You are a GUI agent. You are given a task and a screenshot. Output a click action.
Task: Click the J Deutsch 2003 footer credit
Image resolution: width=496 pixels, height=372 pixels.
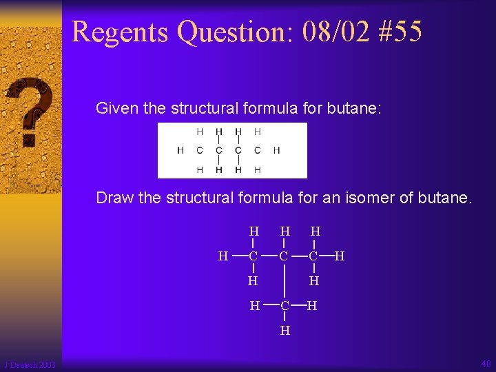(x=30, y=364)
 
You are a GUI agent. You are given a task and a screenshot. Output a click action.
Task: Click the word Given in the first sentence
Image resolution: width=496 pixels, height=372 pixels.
(x=114, y=108)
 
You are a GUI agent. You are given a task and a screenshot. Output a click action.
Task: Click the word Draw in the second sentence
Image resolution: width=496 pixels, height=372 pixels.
(x=115, y=198)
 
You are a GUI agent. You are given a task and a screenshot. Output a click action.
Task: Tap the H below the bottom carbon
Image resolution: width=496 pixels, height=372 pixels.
(x=285, y=330)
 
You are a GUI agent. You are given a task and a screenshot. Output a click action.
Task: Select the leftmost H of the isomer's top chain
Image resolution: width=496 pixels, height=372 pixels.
(x=223, y=257)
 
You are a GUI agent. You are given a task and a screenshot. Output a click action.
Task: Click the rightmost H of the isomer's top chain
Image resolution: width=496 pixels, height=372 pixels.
(x=340, y=257)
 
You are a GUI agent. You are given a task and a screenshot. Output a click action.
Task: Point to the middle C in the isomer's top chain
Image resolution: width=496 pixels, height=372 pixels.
(x=285, y=257)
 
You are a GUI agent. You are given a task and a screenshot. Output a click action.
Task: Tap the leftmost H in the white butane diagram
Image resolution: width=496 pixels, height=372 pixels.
(x=180, y=150)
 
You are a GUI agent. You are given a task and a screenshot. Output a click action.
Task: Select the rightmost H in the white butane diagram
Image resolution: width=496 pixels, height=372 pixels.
(x=276, y=150)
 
